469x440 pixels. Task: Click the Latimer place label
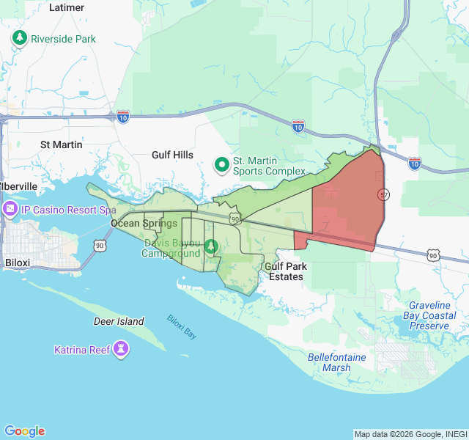click(67, 7)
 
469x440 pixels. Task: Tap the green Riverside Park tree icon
click(20, 38)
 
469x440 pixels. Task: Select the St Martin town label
click(61, 144)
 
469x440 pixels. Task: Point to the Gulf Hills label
click(172, 155)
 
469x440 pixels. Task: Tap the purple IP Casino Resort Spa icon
click(11, 210)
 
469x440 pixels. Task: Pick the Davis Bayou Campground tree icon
click(211, 246)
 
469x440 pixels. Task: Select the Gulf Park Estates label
click(285, 271)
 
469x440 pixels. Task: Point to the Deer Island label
click(119, 321)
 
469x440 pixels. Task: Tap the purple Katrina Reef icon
click(122, 349)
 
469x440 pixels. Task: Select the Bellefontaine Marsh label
click(336, 362)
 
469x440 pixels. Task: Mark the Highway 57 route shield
click(383, 194)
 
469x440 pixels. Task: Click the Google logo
click(24, 431)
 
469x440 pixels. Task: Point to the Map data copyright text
click(410, 434)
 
